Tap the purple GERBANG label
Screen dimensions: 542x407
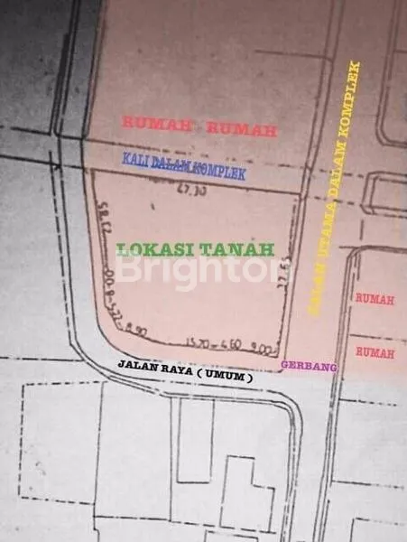(x=301, y=366)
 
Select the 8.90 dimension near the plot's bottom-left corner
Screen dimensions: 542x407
(x=136, y=332)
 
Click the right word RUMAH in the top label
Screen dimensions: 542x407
(x=241, y=131)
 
